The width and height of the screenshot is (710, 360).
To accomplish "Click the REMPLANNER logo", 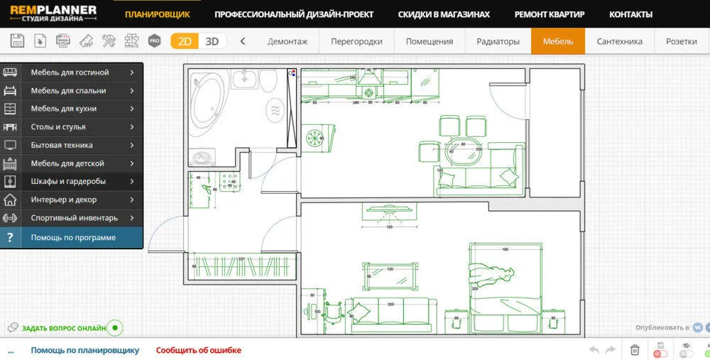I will click(x=53, y=14).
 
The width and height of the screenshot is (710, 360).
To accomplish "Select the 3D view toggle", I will click(x=212, y=41).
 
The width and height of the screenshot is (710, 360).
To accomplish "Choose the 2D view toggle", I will click(x=185, y=41).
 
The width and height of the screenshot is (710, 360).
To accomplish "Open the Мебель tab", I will click(x=558, y=41).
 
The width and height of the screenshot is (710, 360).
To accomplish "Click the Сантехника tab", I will click(x=619, y=41).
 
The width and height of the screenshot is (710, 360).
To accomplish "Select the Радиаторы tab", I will click(x=498, y=41).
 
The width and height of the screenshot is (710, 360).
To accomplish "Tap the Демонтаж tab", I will click(x=288, y=41).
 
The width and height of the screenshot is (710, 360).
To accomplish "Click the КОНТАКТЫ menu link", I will click(x=630, y=14).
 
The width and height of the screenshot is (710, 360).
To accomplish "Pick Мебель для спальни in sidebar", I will click(x=69, y=91).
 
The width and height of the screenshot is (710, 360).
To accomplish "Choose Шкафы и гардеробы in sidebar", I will click(x=69, y=182).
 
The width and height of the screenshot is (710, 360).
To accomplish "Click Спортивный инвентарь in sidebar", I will click(x=75, y=218).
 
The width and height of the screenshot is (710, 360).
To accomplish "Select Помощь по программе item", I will click(x=73, y=238).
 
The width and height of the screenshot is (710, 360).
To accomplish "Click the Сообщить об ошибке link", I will click(x=199, y=350).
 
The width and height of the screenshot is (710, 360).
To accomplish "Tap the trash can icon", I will click(x=635, y=350).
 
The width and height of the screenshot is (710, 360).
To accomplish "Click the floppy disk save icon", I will click(x=17, y=41).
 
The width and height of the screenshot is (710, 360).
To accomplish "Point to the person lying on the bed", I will click(x=489, y=274).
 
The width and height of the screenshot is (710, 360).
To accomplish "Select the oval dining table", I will click(x=463, y=150).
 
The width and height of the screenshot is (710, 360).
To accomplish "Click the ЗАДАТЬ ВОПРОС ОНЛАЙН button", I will click(x=64, y=328).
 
